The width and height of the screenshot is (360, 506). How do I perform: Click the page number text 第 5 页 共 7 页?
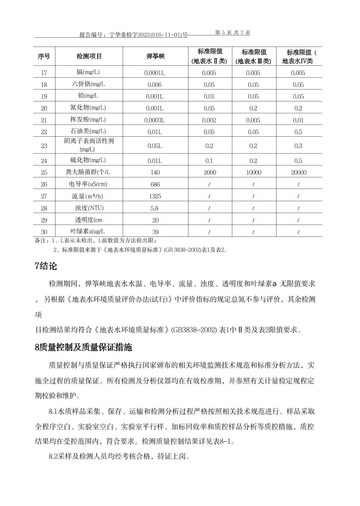[232, 32]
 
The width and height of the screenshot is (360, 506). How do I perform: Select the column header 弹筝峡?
[155, 56]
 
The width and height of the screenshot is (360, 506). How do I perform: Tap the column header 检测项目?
[89, 56]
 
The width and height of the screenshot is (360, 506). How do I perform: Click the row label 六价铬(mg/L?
[88, 84]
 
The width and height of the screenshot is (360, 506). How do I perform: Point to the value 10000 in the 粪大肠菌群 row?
[253, 172]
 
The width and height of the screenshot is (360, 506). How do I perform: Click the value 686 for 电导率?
[155, 184]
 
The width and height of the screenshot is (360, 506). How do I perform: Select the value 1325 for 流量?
[155, 196]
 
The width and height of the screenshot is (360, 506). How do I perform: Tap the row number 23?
[44, 146]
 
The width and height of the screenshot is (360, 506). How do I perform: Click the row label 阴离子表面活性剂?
[89, 141]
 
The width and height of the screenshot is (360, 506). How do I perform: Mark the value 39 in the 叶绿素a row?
[155, 232]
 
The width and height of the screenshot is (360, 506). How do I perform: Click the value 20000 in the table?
[298, 172]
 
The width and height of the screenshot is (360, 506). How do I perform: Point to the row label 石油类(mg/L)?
[88, 131]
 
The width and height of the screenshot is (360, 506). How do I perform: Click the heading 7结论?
[46, 266]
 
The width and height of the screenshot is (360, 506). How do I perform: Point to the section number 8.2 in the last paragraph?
[53, 457]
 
